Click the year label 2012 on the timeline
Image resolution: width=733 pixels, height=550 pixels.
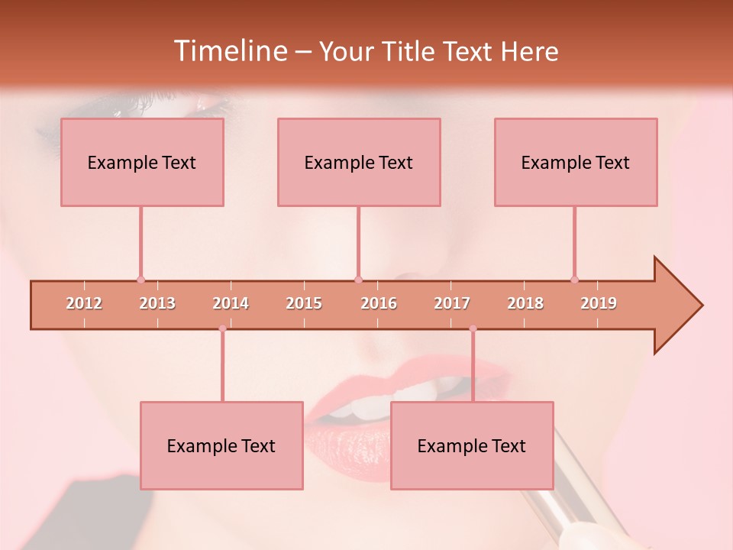coord(84,303)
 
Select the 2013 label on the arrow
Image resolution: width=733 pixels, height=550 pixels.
coord(157,303)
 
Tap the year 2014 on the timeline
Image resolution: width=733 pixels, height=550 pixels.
coord(231,303)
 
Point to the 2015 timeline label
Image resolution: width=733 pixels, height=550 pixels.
coord(304,303)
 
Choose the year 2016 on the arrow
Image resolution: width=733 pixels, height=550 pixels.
coord(379,303)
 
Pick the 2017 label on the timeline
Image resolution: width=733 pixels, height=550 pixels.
coord(452,303)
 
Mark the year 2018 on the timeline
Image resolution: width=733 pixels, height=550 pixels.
coord(525,303)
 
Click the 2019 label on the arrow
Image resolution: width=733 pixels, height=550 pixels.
coord(599,303)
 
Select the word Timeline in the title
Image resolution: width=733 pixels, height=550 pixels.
coord(229,51)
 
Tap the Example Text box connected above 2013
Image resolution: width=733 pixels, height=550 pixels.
coord(142,162)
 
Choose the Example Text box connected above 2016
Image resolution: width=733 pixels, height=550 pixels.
coord(359,162)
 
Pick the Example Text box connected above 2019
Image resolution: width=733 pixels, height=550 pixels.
coord(576,162)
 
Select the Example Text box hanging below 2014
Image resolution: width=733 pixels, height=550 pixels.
coord(221,445)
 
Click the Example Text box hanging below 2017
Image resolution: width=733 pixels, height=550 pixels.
coord(472,445)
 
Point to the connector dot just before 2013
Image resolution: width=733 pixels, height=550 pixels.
coord(140,280)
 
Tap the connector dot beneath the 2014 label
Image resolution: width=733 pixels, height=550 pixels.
coord(222,328)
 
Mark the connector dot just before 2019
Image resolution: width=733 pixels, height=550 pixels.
coord(574,280)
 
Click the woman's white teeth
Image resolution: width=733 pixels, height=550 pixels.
coord(359,408)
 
